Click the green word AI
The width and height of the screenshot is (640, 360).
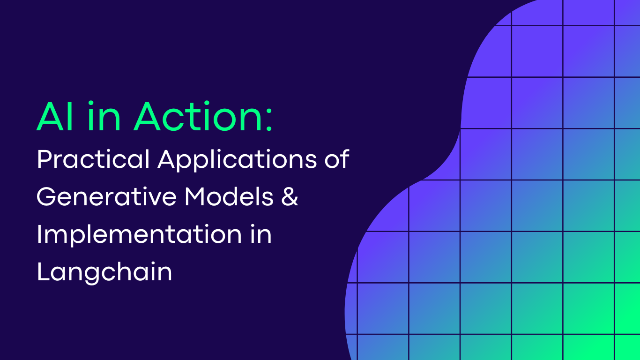coord(55,116)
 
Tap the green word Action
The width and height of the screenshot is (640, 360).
coord(198,116)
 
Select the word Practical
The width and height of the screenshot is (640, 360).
coord(93,159)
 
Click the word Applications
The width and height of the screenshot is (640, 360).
coord(238,160)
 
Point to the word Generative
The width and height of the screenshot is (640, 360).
coord(106,196)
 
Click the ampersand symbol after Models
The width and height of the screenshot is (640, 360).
coord(290,196)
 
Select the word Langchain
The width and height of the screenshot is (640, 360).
coord(104,272)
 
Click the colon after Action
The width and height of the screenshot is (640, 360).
coord(269,120)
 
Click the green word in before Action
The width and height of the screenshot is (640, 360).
coord(104,116)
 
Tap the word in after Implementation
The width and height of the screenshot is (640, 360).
coord(261,234)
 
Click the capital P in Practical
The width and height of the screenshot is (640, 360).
coord(45,159)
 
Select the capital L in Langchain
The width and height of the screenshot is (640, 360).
coord(44,272)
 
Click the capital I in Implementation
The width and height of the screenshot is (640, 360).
coord(39,234)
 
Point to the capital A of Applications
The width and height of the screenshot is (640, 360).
coord(167,159)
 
